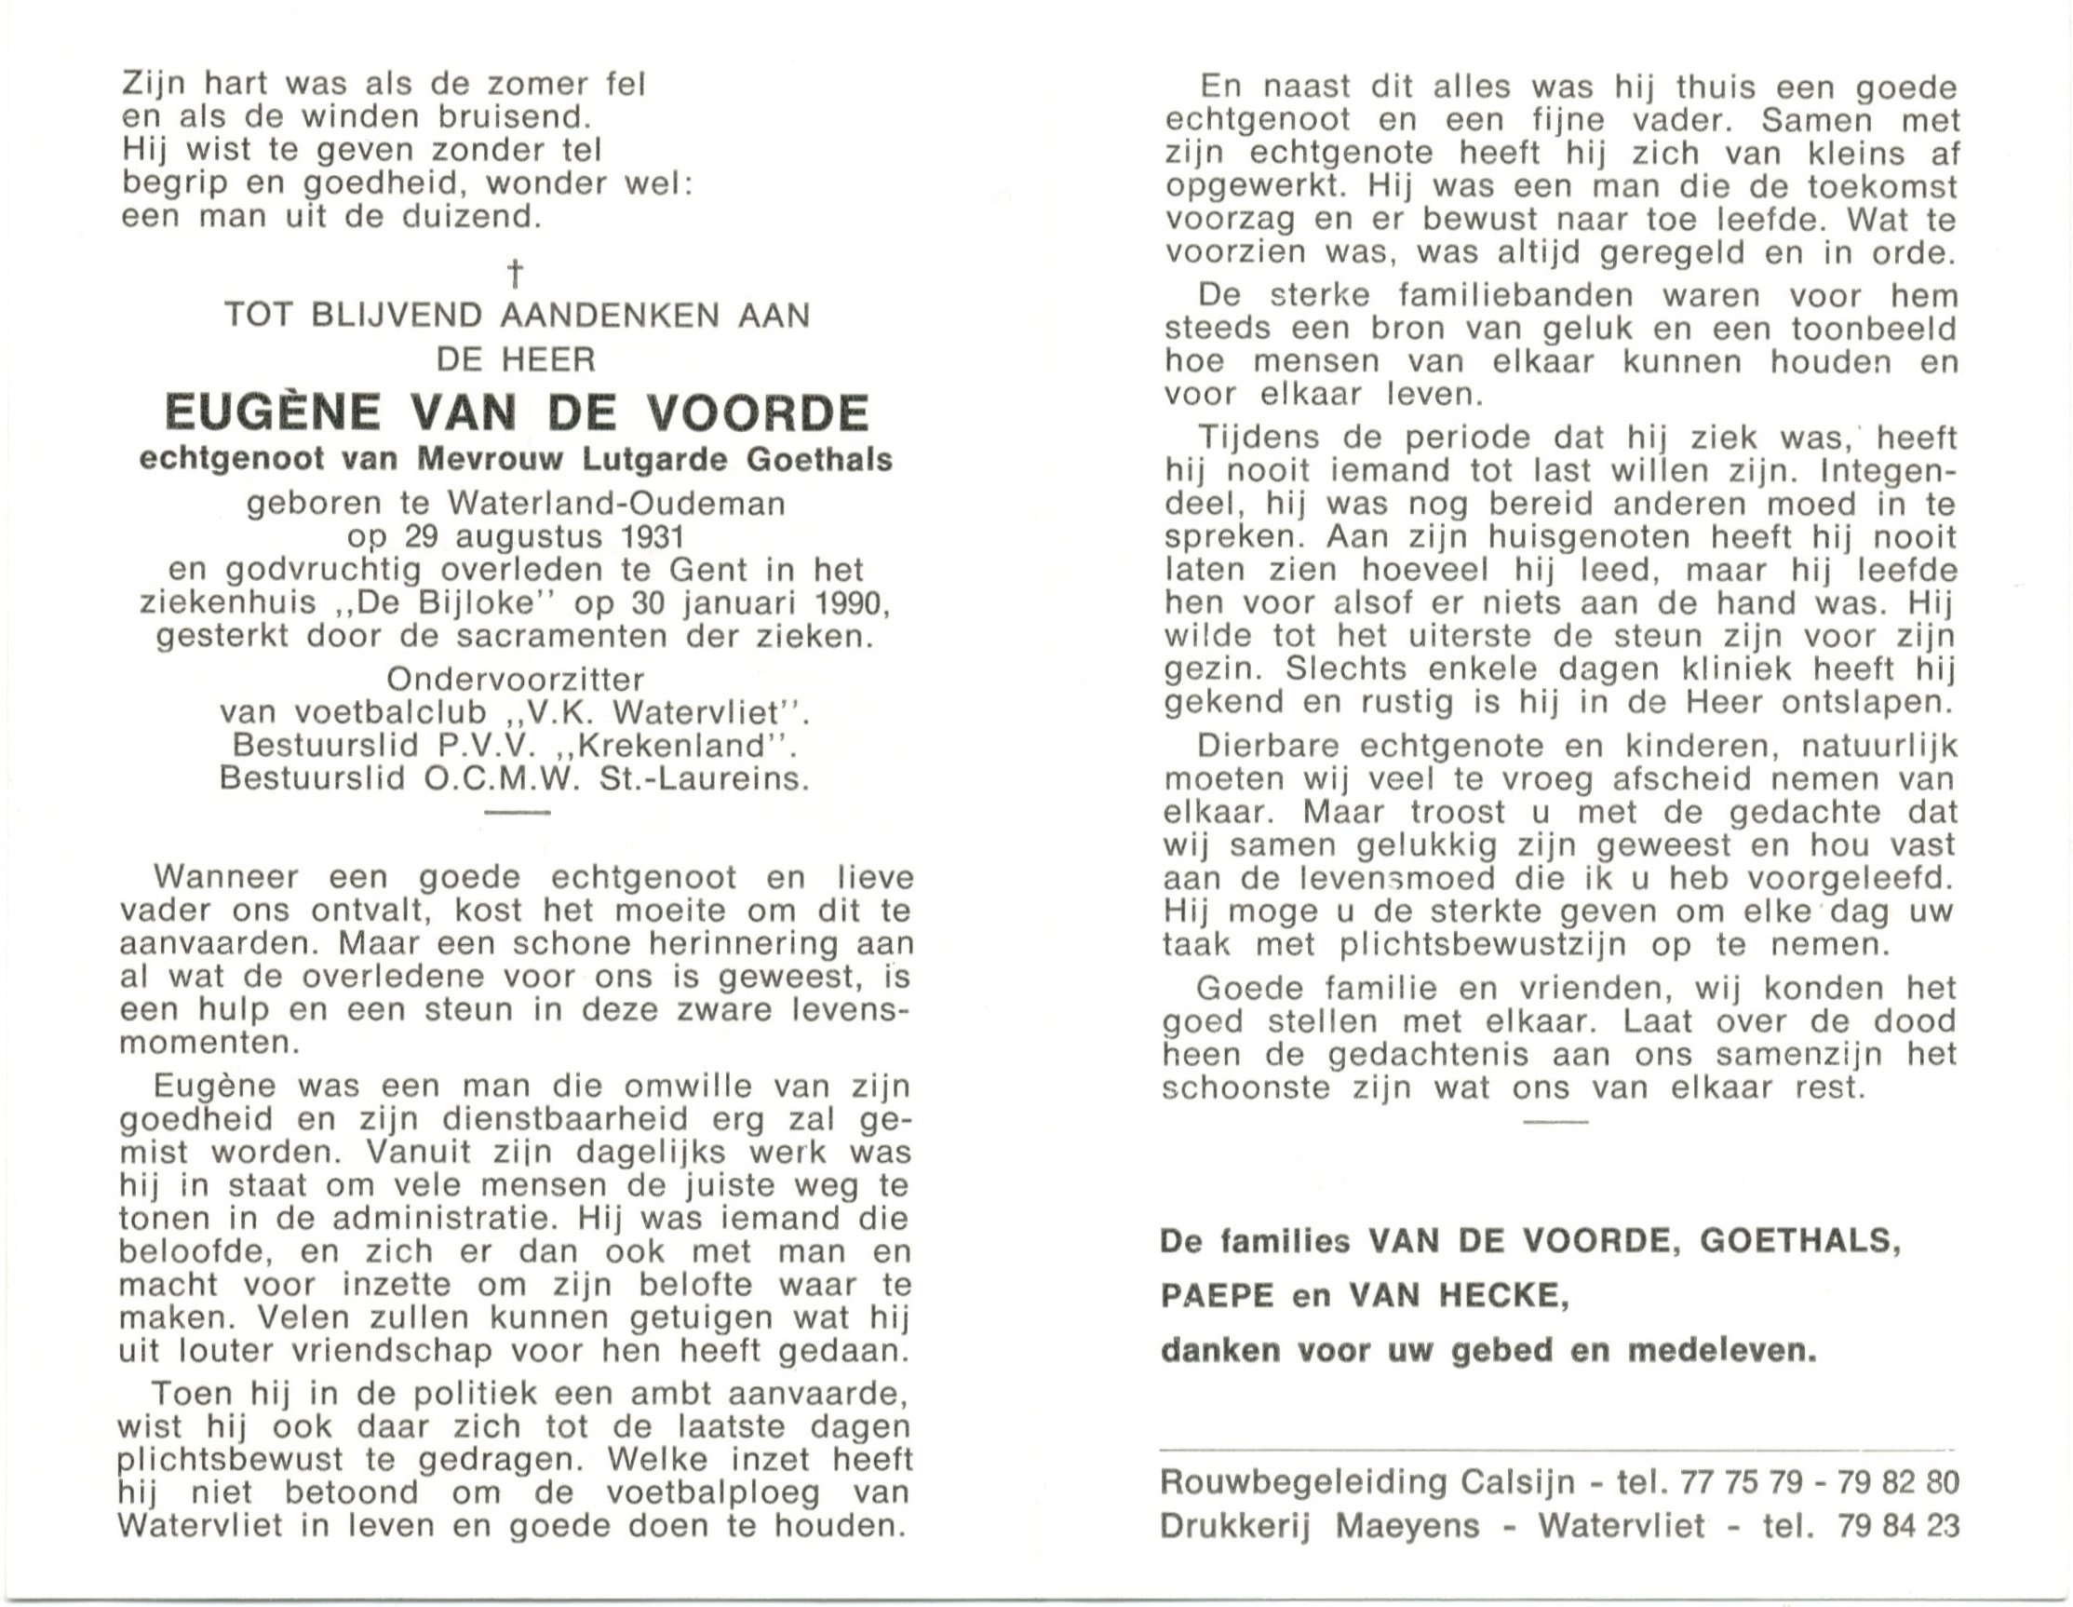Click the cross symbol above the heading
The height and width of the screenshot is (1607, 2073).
tap(516, 275)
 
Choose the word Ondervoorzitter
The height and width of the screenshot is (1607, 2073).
tap(516, 680)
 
